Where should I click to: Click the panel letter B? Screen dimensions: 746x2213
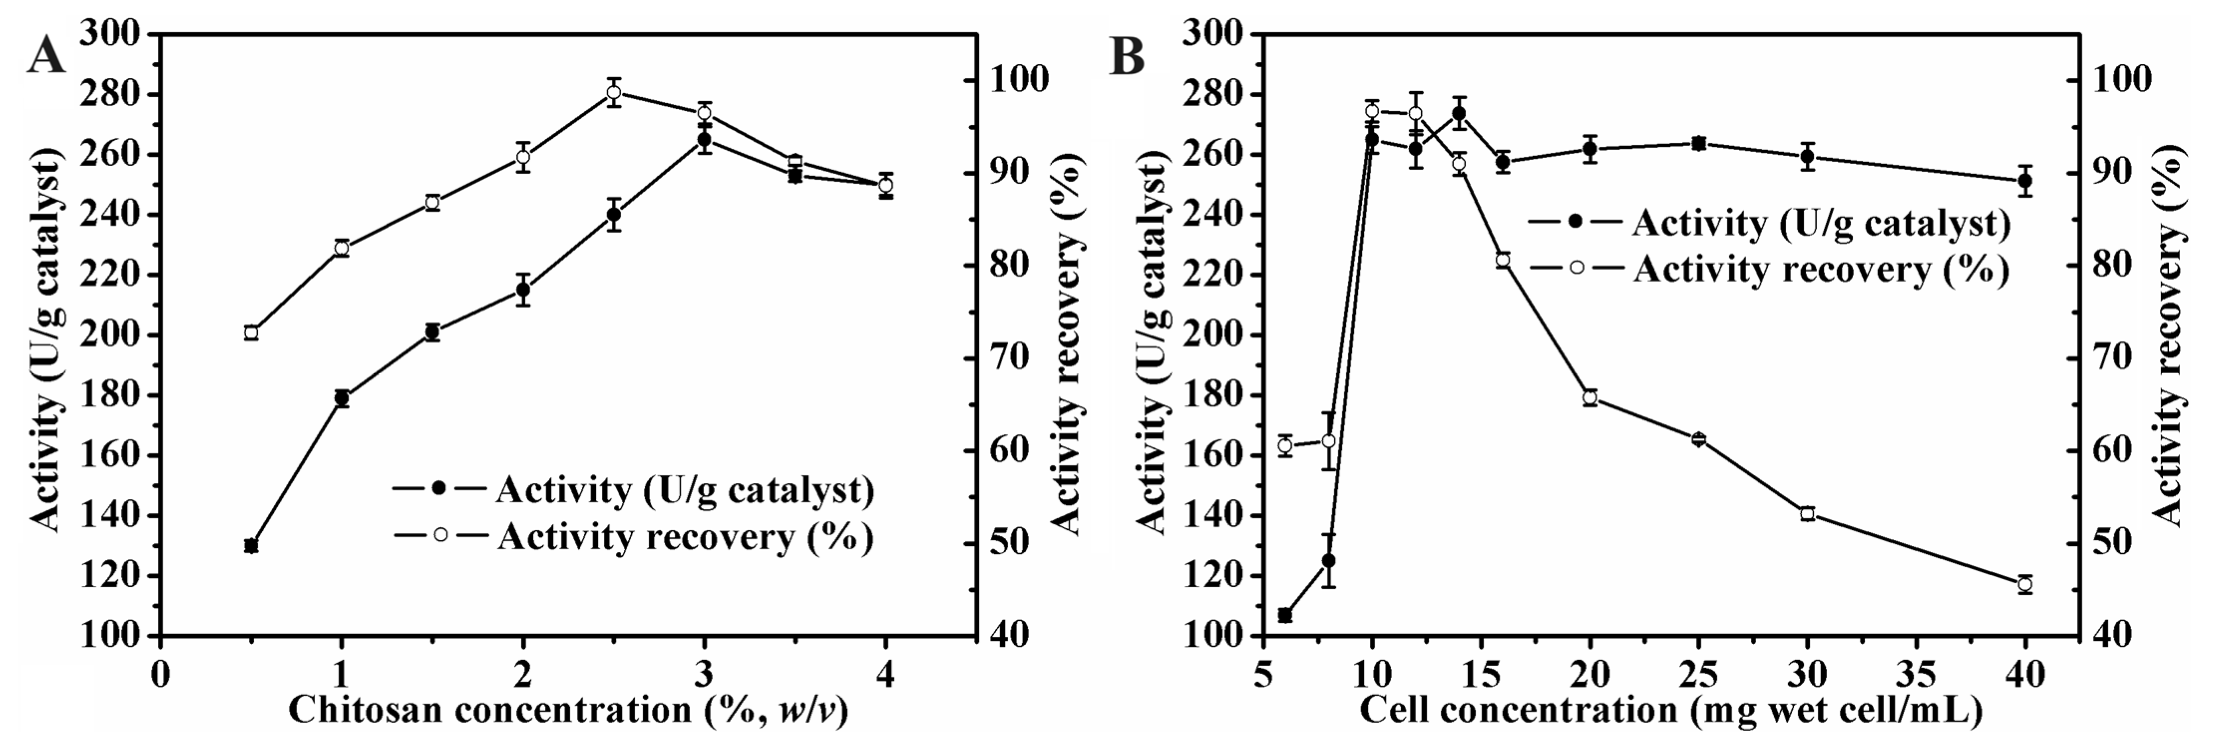point(1128,57)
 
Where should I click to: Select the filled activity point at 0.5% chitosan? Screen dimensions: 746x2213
point(251,546)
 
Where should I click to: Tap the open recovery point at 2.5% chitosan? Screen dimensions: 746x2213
point(613,92)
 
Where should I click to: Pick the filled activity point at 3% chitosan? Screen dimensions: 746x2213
point(705,139)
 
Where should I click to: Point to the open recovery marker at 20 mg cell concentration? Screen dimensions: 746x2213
point(1590,397)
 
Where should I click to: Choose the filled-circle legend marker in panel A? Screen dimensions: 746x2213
point(440,488)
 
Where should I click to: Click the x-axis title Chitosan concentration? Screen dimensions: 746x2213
point(567,712)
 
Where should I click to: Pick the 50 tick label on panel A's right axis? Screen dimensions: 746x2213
point(1015,543)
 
